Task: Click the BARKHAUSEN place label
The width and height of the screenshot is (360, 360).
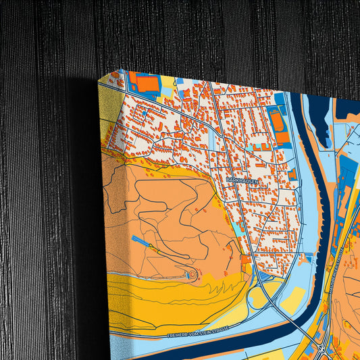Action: [242, 181]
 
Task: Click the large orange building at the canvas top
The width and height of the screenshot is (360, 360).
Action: [147, 84]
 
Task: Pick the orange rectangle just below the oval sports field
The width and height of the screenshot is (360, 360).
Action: [282, 138]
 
